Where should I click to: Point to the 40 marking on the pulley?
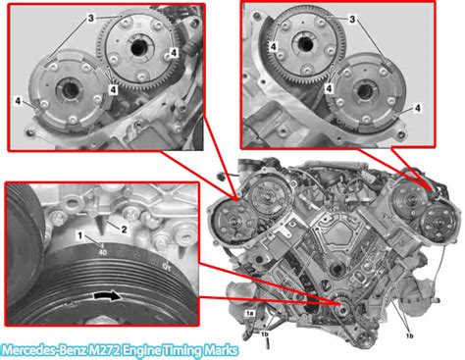coord(103,252)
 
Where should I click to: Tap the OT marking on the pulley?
coord(167,265)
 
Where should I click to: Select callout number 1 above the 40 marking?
coord(79,235)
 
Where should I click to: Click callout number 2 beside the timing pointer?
coord(124,230)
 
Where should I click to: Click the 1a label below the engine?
coord(250,313)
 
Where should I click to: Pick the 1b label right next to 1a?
coord(265,334)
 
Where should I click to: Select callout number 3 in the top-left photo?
coord(91,18)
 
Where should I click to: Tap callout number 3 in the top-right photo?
coord(352,20)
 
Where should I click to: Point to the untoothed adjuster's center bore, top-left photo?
coord(69,89)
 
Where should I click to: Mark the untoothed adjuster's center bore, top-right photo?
coord(364,92)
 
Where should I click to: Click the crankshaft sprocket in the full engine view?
coord(341,304)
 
